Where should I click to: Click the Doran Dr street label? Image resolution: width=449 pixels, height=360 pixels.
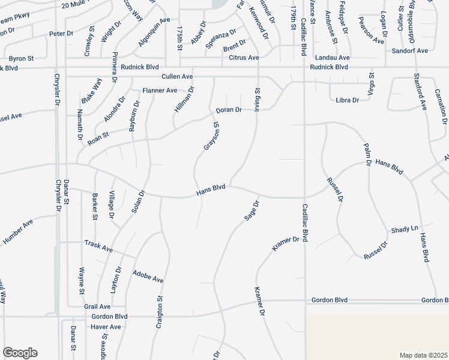pos(229,110)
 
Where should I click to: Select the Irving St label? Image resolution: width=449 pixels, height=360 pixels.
pos(257,98)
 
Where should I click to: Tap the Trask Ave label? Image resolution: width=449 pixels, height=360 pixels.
pos(99,247)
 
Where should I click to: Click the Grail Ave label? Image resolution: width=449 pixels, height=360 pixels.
pos(97,306)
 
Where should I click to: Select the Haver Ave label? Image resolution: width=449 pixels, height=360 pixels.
pos(106,327)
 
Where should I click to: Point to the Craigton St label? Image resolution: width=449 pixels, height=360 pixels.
pos(160,308)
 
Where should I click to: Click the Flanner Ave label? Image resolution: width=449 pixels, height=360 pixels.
pos(160,91)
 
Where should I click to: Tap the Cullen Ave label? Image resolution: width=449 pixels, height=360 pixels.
pos(177,77)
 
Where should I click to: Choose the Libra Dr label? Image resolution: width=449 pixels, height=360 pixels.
pos(348,100)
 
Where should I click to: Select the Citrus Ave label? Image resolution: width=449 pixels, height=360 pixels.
pos(244,58)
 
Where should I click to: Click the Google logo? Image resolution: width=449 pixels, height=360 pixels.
pos(20,353)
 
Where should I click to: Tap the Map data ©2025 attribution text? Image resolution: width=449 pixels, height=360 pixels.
pos(423,355)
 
